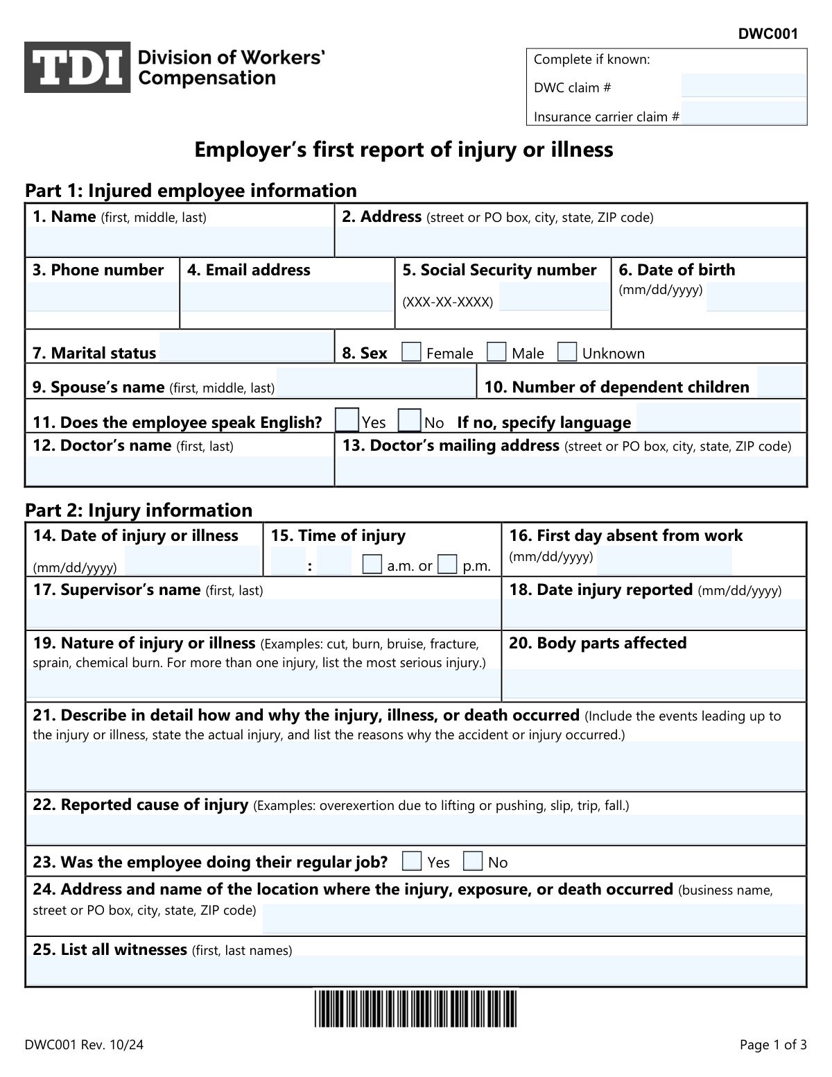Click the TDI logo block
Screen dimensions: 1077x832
[x=77, y=67]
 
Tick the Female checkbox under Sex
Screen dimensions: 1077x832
[x=412, y=352]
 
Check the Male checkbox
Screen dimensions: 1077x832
[x=496, y=352]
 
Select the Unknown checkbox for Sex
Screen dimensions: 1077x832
[x=567, y=352]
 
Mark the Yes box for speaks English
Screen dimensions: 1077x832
[x=347, y=421]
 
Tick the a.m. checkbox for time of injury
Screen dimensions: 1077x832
[x=372, y=565]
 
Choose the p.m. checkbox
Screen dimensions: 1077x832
[x=447, y=565]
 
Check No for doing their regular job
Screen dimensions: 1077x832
[x=473, y=861]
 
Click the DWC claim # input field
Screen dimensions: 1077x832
[x=744, y=86]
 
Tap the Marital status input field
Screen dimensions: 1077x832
[x=246, y=347]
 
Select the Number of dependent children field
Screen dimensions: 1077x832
[x=779, y=383]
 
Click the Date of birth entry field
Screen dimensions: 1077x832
[x=756, y=297]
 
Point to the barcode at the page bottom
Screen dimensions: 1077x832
[x=415, y=1009]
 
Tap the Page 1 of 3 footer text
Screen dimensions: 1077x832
[x=773, y=1045]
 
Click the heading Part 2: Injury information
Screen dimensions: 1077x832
[x=139, y=510]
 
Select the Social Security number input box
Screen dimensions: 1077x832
[x=553, y=297]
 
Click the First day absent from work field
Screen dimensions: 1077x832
[x=664, y=561]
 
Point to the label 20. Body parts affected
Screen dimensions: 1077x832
[x=598, y=643]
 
